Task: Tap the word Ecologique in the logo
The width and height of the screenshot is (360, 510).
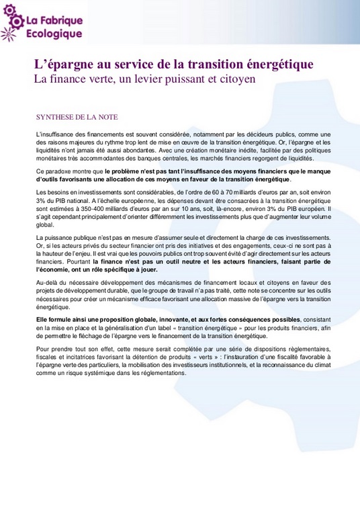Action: (54, 34)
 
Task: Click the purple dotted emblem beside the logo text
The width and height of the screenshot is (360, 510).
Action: (13, 22)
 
